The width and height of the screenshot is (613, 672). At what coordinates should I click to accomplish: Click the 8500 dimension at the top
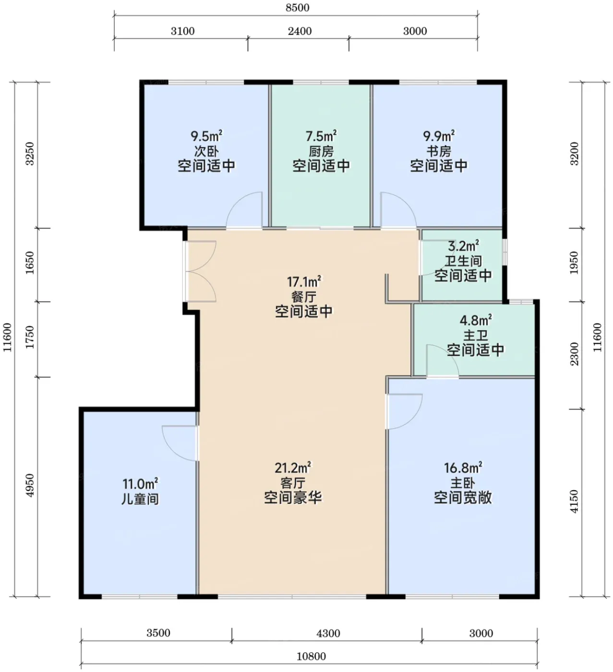(297, 8)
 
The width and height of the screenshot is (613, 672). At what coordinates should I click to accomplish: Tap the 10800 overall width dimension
(311, 656)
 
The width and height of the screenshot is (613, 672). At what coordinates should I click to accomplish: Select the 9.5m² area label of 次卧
(206, 136)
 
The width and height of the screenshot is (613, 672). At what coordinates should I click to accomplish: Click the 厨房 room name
(321, 151)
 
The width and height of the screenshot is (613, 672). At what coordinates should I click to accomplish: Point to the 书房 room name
(438, 151)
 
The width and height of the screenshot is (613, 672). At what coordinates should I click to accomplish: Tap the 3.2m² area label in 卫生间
(464, 246)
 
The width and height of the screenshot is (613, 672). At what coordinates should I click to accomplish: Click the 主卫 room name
(475, 335)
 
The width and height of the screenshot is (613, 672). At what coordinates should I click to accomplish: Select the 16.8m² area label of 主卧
(463, 468)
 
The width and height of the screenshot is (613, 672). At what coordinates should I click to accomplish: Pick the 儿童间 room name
(140, 499)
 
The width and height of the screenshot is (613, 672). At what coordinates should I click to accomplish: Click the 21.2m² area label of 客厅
(293, 468)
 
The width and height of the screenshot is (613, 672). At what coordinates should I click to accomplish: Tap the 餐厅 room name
(304, 297)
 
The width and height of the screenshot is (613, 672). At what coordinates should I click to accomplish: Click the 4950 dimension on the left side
(30, 485)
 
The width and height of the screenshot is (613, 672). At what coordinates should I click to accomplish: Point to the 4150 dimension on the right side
(574, 501)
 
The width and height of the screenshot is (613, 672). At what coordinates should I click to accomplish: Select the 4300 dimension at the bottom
(328, 633)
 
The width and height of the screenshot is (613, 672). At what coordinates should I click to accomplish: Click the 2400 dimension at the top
(300, 31)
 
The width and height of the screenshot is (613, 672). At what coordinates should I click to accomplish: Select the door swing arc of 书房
(407, 204)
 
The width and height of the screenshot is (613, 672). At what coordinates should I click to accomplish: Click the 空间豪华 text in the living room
(293, 497)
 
